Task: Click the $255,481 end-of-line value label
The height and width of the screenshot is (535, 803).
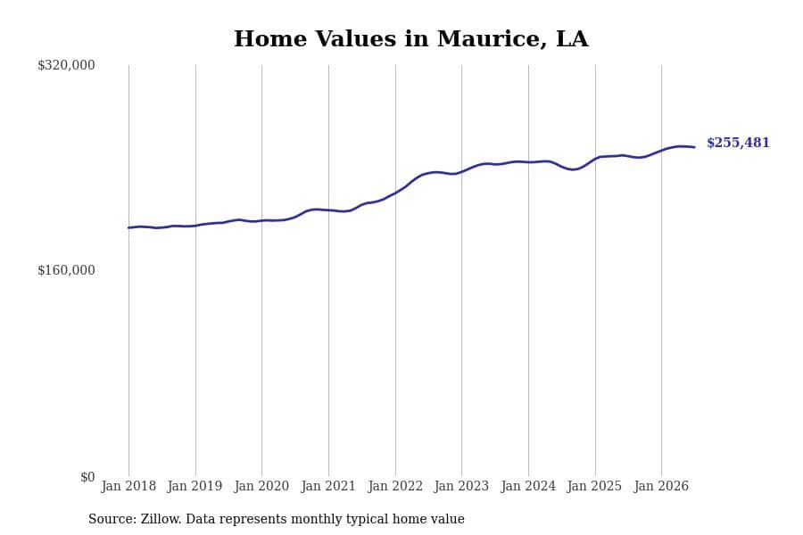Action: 738,143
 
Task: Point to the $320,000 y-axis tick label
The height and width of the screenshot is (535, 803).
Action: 66,65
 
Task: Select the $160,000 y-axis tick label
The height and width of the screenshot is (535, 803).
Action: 66,270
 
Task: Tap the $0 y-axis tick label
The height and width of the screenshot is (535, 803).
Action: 87,477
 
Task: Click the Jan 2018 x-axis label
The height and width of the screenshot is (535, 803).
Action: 128,486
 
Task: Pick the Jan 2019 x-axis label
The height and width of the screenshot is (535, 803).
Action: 195,486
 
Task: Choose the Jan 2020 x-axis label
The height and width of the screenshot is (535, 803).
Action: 261,486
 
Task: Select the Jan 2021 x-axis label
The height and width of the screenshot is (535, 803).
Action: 328,486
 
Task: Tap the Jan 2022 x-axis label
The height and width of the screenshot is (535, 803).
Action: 395,486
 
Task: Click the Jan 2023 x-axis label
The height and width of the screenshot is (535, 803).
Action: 461,486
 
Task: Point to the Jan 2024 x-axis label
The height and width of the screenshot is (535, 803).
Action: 528,486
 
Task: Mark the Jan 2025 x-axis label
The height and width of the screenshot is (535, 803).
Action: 594,486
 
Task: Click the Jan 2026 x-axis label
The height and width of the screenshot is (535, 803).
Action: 661,486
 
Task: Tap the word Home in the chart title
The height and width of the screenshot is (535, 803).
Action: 270,39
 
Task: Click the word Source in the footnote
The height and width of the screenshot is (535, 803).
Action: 112,519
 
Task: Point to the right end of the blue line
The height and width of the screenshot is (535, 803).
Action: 694,147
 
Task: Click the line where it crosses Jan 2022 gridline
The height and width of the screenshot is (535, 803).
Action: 395,193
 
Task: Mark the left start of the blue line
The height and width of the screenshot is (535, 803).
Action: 128,227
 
